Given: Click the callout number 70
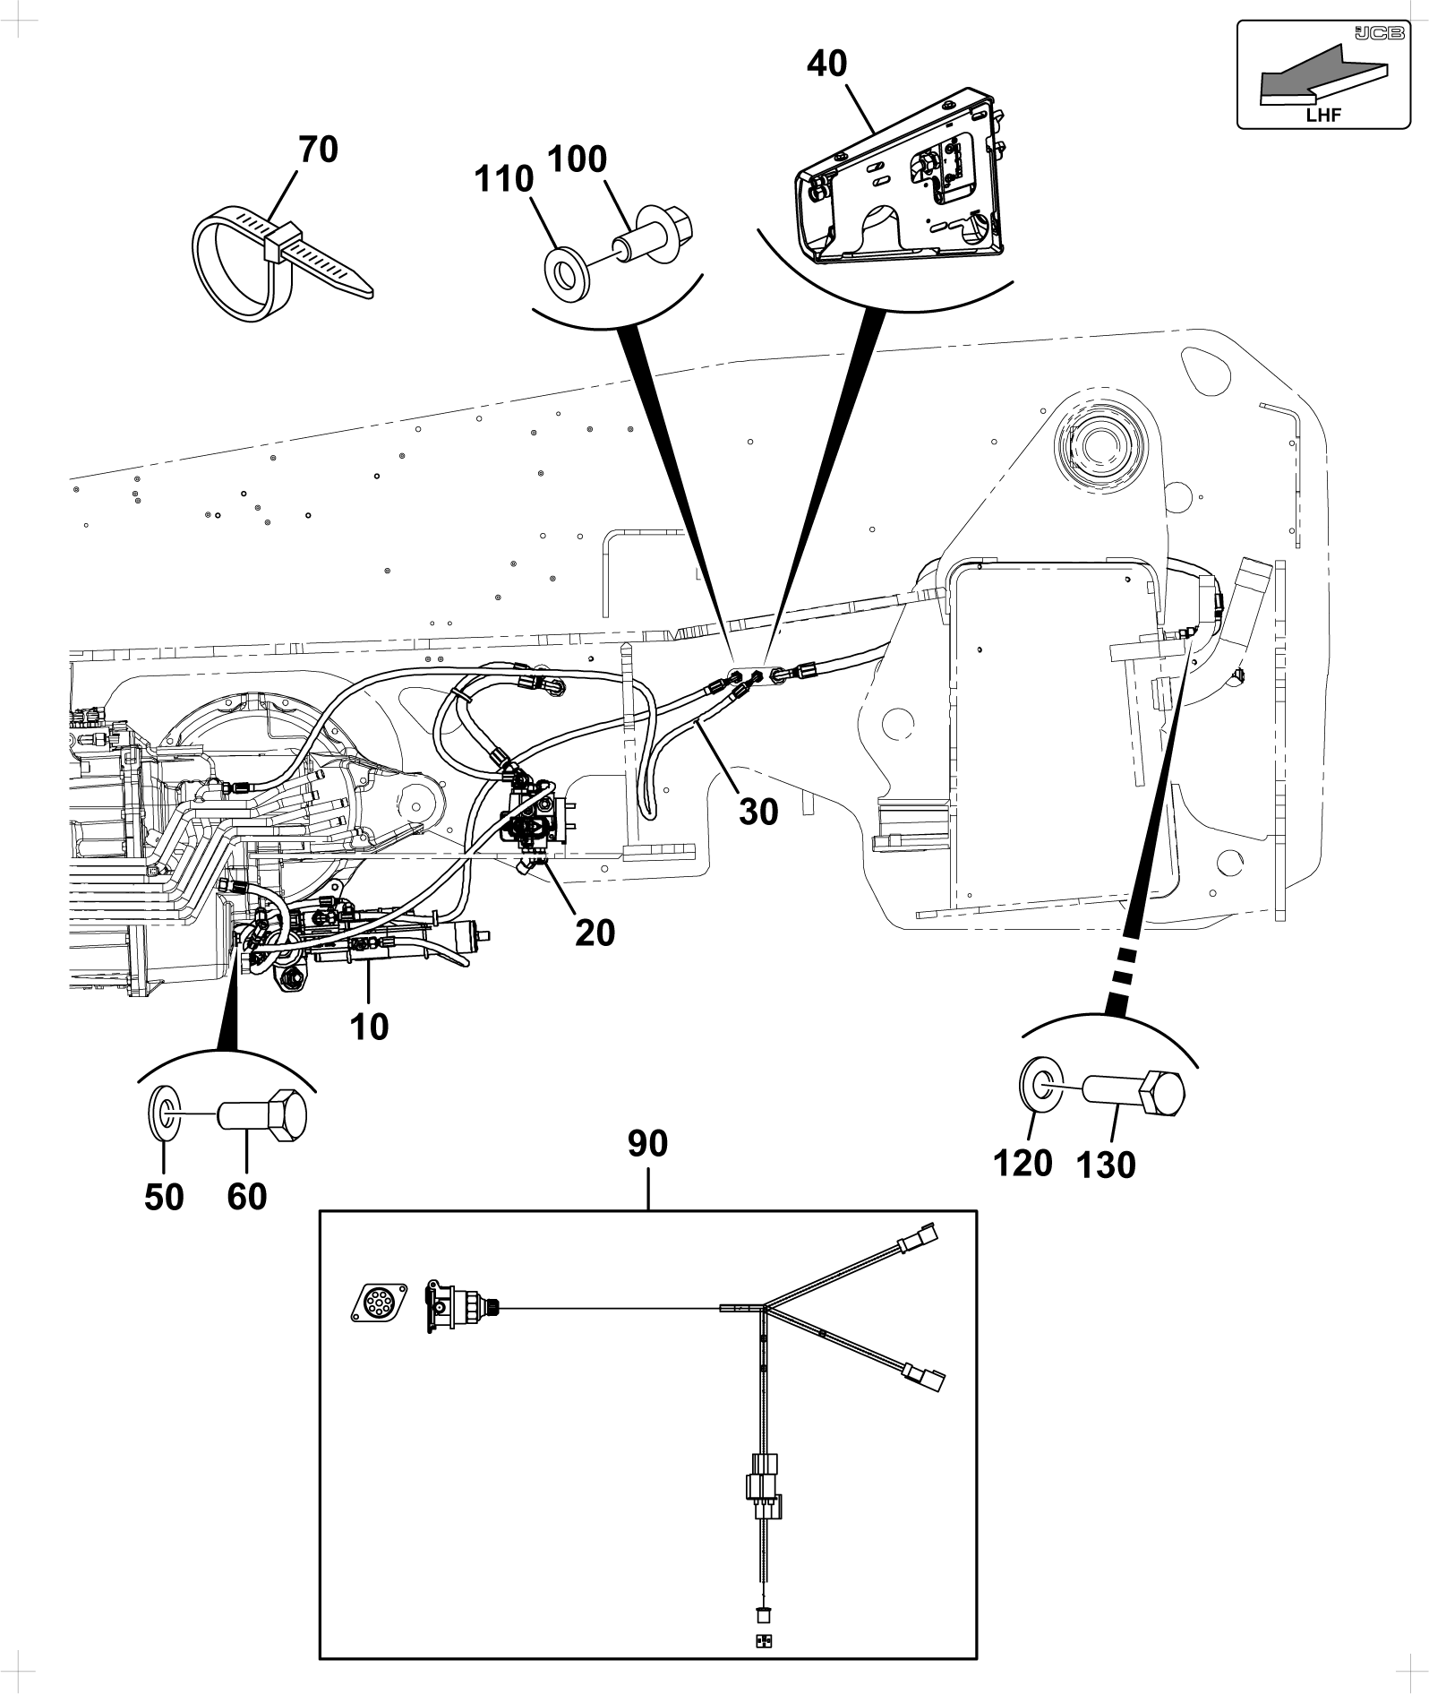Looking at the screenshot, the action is click(x=319, y=149).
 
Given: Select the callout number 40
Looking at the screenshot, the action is click(x=827, y=64).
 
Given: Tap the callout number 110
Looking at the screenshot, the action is click(x=505, y=179).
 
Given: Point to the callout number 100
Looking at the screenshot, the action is click(x=577, y=159).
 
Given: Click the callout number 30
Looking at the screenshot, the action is click(x=758, y=812).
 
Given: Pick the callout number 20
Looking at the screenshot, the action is click(x=595, y=933).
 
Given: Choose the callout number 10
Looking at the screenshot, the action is click(x=369, y=1027).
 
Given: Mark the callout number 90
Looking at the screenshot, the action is click(x=647, y=1144).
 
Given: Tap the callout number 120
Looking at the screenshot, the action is click(x=1023, y=1164).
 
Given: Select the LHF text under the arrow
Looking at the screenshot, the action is click(x=1323, y=114).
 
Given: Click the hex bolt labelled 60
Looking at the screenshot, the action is click(x=263, y=1115).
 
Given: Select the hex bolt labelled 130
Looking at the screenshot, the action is click(x=1134, y=1092).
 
